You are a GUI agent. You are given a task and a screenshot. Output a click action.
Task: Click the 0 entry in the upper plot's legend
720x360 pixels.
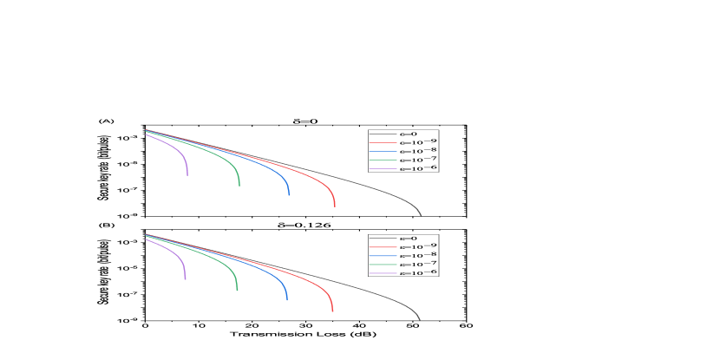coord(409,134)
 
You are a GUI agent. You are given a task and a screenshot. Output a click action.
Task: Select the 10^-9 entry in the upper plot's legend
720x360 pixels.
coord(417,142)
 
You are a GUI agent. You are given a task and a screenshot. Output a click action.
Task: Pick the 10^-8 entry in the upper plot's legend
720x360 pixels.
coord(417,151)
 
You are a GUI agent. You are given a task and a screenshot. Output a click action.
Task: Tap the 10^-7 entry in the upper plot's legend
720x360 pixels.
coord(417,160)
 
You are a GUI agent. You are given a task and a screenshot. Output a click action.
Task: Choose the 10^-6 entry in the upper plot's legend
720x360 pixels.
coord(417,168)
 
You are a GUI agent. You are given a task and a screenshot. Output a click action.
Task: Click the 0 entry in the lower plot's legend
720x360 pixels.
coord(409,238)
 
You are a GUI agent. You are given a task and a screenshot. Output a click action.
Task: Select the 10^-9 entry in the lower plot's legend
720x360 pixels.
coord(417,246)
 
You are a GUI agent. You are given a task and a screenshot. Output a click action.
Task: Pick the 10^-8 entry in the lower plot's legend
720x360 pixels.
coord(417,255)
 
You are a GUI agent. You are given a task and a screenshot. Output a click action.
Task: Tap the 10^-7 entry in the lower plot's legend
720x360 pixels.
coord(417,264)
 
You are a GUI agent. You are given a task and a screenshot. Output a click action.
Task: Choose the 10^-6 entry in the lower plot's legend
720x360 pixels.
coord(417,272)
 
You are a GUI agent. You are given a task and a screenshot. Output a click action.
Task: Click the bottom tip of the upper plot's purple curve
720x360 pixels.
coord(187,175)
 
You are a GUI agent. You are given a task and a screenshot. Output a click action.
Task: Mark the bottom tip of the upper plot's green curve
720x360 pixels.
coord(239,185)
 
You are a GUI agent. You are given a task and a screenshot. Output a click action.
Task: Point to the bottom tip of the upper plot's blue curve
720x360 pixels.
coord(289,195)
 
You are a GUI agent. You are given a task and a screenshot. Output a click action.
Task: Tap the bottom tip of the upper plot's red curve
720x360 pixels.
coord(335,206)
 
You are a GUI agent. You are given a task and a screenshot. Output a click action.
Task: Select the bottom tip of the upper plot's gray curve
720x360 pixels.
coord(422,216)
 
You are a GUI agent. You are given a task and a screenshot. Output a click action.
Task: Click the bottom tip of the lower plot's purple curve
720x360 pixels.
coord(186,279)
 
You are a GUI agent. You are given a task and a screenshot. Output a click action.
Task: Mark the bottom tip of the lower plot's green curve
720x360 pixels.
coord(237,290)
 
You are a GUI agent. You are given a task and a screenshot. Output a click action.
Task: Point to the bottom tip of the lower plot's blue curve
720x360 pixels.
coord(287,300)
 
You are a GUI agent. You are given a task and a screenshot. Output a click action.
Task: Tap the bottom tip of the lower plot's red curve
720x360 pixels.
coord(332,311)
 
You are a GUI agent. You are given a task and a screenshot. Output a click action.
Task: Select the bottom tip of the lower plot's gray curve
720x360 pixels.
coord(420,320)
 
